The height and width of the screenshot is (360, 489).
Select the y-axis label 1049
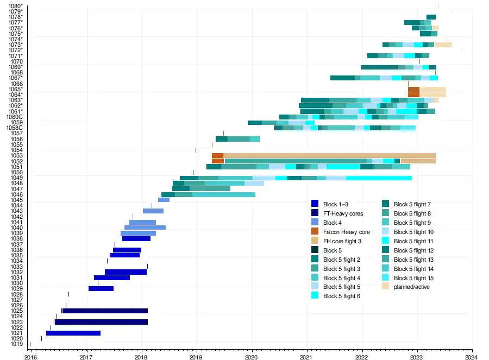tap(16, 178)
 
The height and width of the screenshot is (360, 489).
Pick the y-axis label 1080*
tap(15, 6)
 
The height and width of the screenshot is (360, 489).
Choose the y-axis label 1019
tap(16, 344)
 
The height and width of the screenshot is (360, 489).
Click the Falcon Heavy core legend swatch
tap(315, 232)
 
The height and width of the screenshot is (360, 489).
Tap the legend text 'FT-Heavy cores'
tap(343, 213)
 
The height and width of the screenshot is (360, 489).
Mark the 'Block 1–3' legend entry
tap(335, 204)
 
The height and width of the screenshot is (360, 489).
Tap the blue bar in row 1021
tap(73, 333)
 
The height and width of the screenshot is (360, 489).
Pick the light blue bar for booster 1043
tap(153, 211)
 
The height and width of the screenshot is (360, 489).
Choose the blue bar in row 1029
tap(101, 288)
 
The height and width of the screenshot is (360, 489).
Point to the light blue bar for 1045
tap(164, 200)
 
